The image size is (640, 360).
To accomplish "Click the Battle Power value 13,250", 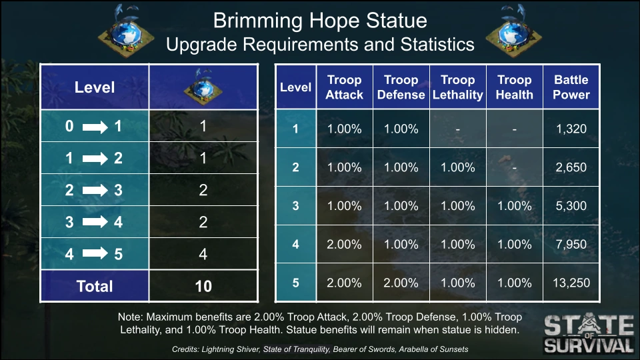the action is click(571, 283).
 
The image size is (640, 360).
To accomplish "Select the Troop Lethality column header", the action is click(457, 87).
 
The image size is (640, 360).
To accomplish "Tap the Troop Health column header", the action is click(514, 87).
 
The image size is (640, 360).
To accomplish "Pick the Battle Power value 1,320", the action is click(571, 129).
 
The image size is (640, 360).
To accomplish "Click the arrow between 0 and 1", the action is click(95, 127).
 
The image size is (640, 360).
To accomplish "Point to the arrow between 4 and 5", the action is click(95, 253).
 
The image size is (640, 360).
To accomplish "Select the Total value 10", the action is click(203, 286).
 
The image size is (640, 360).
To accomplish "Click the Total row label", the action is click(94, 286).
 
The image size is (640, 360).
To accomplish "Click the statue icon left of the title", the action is click(126, 31).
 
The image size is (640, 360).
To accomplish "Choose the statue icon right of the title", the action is click(514, 31).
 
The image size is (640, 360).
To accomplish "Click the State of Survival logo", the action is click(589, 333).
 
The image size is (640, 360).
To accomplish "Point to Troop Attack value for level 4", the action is click(344, 245).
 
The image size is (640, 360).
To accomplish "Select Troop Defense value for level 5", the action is click(401, 283).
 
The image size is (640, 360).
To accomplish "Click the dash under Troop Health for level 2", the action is click(514, 168).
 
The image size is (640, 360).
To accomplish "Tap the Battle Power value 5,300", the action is click(571, 206).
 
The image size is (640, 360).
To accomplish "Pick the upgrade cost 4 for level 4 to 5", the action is click(203, 254).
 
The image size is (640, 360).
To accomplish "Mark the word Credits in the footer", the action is click(185, 349).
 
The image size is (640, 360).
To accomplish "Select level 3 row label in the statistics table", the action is click(295, 206).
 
